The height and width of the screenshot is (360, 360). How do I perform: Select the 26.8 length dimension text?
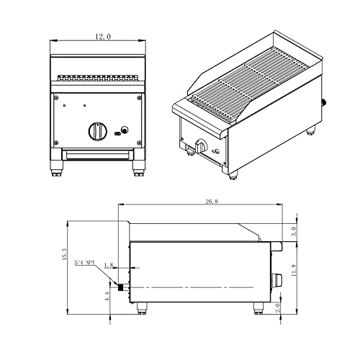coord(211,202)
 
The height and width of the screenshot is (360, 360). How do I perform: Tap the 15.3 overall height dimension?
coord(65,255)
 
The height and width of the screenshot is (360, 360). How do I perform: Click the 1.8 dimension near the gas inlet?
coord(109,266)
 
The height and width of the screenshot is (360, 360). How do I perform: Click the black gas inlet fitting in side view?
coord(123,287)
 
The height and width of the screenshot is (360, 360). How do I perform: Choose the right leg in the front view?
coord(136,171)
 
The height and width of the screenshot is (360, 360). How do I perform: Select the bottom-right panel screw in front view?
coord(139,142)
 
